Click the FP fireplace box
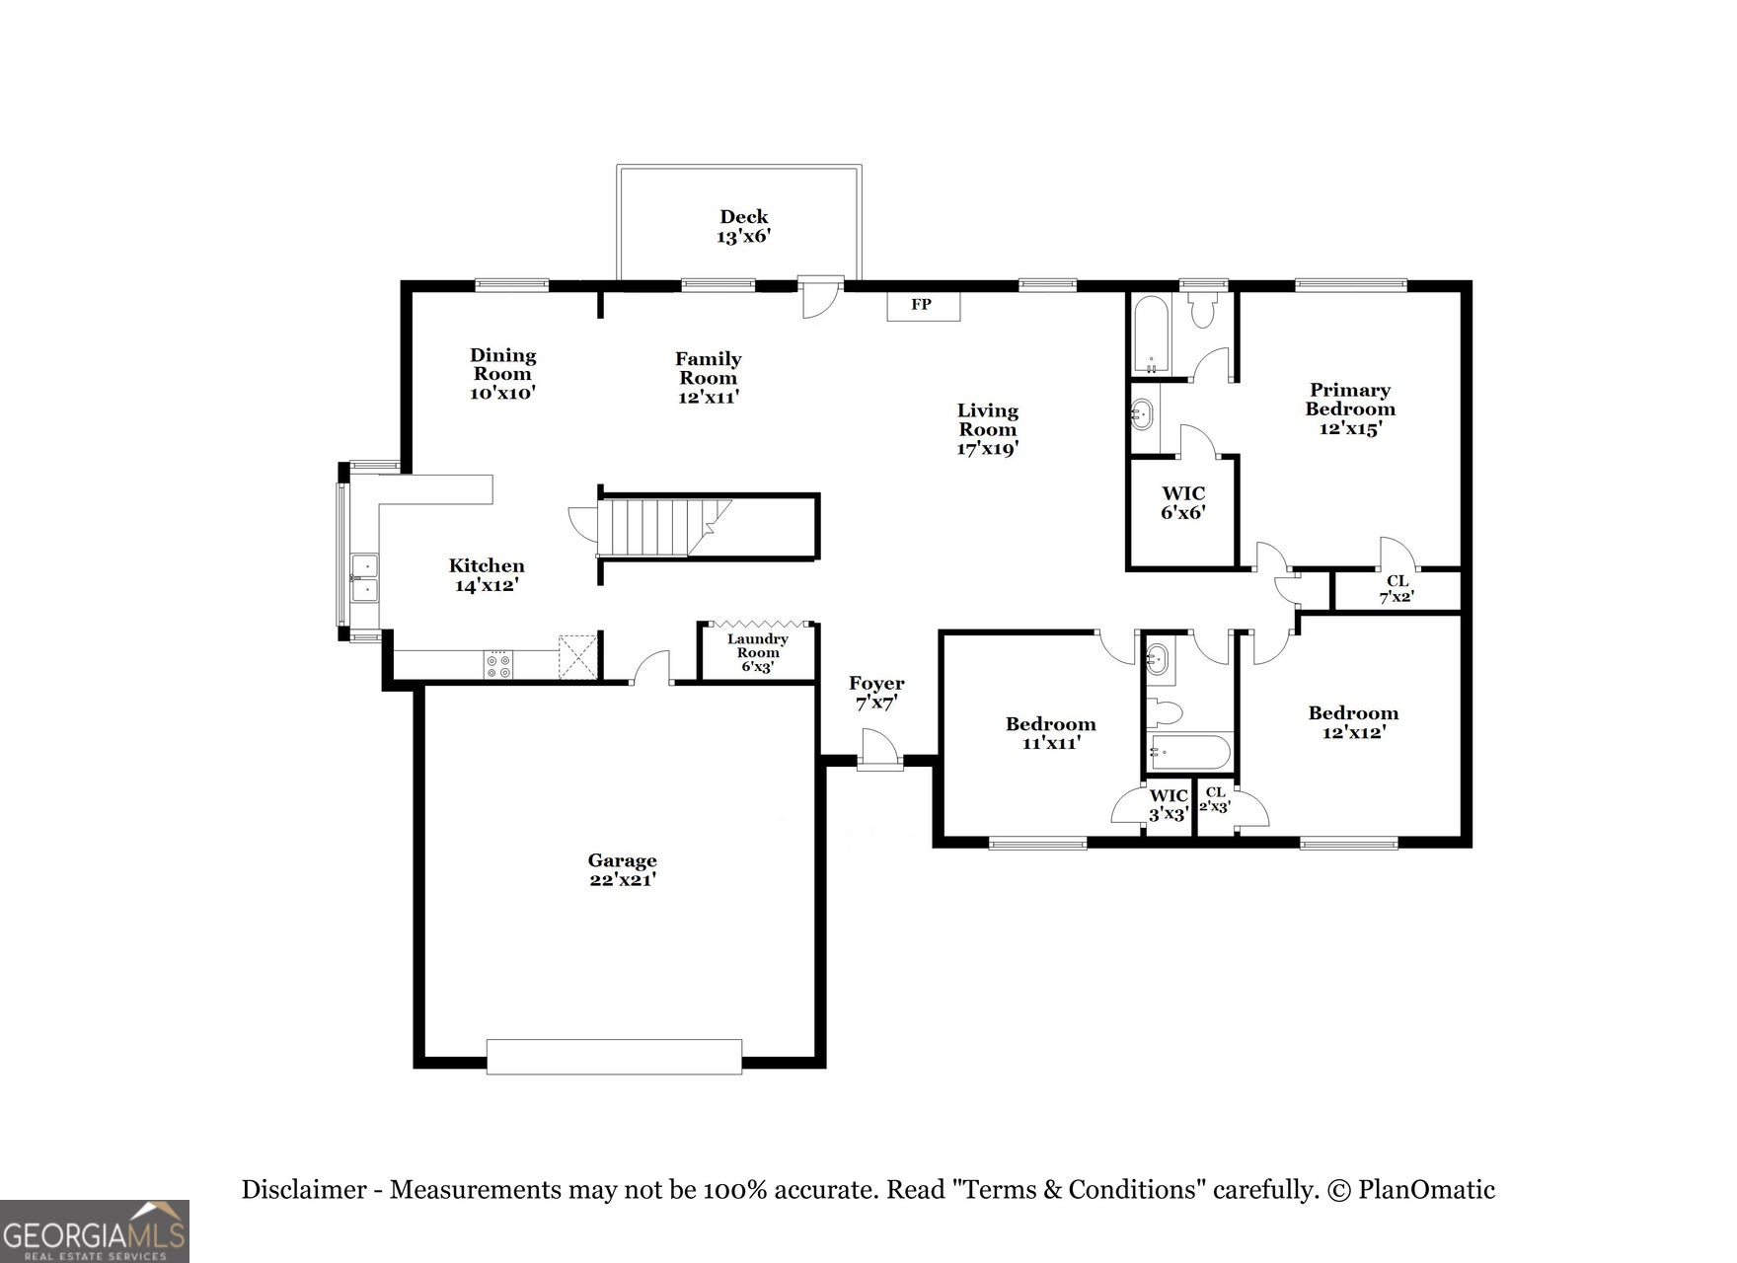[x=923, y=305]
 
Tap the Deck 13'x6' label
[x=743, y=226]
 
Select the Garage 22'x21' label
[x=623, y=869]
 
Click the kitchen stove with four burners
[x=498, y=664]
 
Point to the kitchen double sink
[x=365, y=578]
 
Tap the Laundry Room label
[x=758, y=652]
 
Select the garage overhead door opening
[x=614, y=1057]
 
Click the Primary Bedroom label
[x=1350, y=409]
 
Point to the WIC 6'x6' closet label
[x=1183, y=503]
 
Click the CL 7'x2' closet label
[x=1397, y=589]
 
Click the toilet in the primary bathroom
[x=1202, y=310]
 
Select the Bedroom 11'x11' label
[x=1051, y=733]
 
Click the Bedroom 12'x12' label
[x=1353, y=722]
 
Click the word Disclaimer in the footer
[x=304, y=1190]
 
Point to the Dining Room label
[x=503, y=373]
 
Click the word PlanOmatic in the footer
[x=1427, y=1190]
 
